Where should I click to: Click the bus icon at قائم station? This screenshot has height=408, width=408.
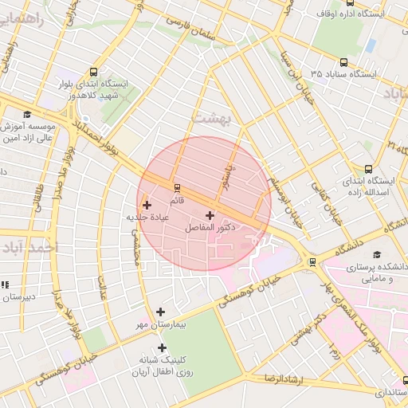pos(177,188)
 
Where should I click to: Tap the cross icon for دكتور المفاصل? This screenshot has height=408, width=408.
pos(210,215)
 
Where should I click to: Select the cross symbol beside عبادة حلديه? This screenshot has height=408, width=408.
pos(146,205)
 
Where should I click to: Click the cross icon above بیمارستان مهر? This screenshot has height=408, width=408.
pos(161,312)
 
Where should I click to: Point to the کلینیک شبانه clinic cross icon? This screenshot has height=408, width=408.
pos(163,347)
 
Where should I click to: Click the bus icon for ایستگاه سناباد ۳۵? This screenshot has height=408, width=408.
pos(343,62)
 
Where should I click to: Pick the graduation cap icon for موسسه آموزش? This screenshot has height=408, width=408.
pos(26,114)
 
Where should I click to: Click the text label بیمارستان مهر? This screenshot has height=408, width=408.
pos(158,325)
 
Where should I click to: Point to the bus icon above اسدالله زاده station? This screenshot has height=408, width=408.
pos(368,169)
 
